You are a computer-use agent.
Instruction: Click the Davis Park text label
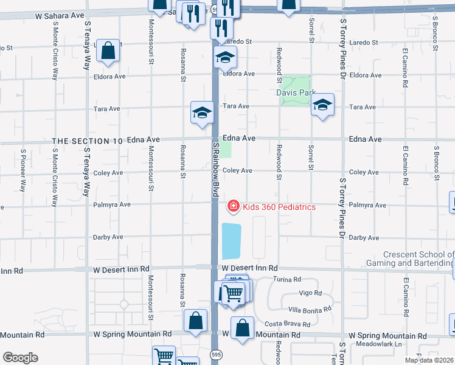tap(296, 93)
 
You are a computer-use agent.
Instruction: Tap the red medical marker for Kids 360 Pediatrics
tap(232, 207)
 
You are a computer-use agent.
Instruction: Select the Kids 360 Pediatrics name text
tap(279, 207)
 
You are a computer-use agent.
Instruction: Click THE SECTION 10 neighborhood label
tap(88, 141)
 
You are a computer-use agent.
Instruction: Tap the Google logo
tap(20, 358)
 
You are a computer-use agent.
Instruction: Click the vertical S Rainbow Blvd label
tap(215, 170)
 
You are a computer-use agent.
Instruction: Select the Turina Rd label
tap(287, 280)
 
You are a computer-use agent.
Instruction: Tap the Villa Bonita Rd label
tap(310, 309)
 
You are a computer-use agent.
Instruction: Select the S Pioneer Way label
tap(23, 170)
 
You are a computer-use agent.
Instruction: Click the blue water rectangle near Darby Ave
tap(232, 241)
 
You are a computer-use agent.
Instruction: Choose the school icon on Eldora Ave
tap(224, 58)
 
